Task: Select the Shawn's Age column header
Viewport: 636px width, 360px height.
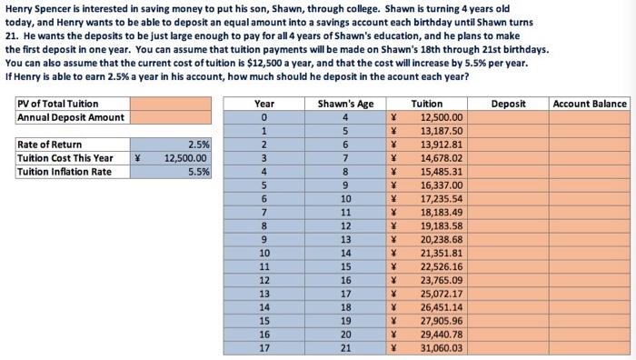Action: (347, 105)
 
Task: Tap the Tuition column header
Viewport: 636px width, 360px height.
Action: (429, 105)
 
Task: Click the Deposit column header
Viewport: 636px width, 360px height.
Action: (508, 105)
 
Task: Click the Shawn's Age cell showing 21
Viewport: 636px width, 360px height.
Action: (347, 347)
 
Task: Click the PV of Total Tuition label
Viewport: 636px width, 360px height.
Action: (58, 105)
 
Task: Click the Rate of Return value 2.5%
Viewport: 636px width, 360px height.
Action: (197, 145)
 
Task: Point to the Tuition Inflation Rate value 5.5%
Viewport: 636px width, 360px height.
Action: (197, 172)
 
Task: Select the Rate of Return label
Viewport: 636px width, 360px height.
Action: (50, 145)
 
